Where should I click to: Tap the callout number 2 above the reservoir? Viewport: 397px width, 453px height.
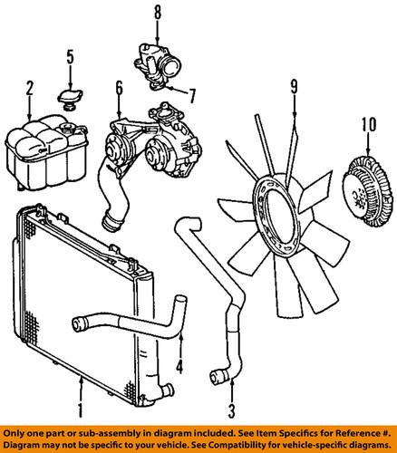[x=30, y=88]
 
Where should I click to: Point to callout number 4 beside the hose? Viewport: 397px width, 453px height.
[x=181, y=368]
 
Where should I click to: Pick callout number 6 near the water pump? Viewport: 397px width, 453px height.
[x=118, y=88]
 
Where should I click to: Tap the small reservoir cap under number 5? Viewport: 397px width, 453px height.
[x=69, y=99]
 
